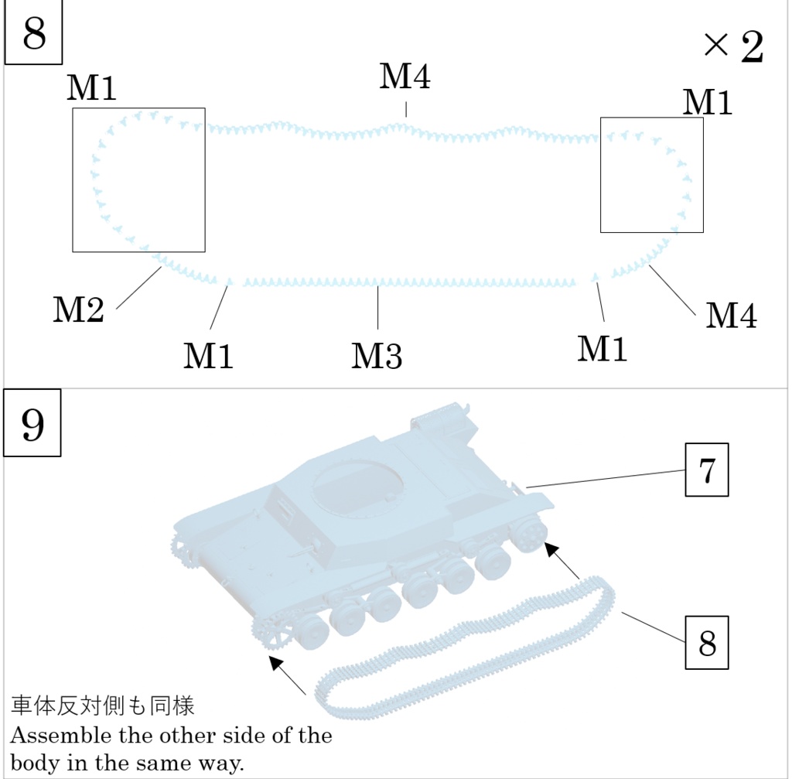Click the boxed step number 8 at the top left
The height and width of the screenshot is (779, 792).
tap(34, 35)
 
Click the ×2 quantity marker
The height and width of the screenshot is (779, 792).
tap(733, 48)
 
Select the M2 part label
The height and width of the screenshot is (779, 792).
tap(78, 311)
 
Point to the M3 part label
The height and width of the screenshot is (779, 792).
tap(377, 356)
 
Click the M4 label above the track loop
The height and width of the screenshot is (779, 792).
tap(405, 77)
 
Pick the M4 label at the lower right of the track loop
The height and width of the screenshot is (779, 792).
tap(731, 316)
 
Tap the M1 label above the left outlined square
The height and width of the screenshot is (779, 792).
tap(91, 89)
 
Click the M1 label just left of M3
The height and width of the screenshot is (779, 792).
tap(208, 356)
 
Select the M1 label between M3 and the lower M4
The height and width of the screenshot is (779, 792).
tap(603, 349)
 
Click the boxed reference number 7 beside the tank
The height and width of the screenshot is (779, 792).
tap(707, 471)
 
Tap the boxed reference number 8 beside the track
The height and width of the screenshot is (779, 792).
tap(707, 643)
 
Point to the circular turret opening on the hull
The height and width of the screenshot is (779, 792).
tap(357, 487)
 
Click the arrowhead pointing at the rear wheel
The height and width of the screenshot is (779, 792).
tap(551, 548)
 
